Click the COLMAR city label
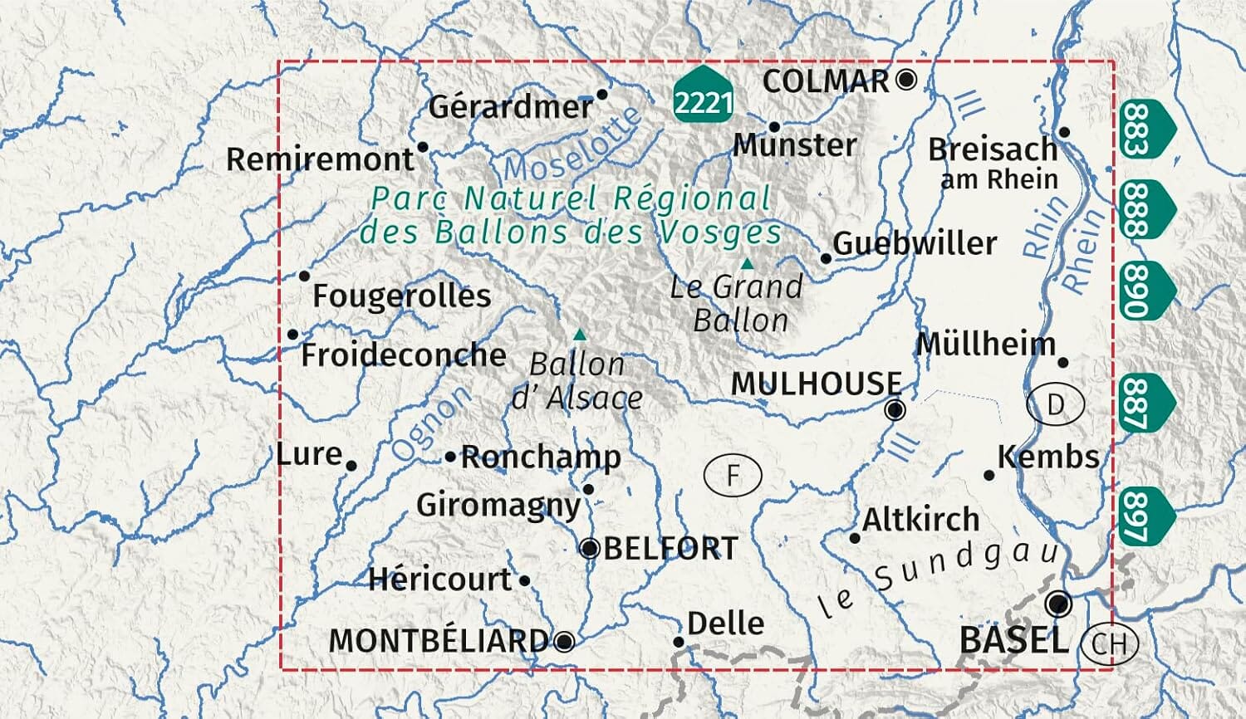tap(826, 81)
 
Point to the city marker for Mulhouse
tap(895, 409)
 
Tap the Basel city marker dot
tap(1058, 604)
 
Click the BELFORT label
tap(670, 549)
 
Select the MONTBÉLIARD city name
tap(439, 641)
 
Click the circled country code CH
tap(1110, 642)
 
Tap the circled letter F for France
tap(733, 476)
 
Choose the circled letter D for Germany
tap(1056, 405)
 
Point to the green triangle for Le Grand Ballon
tap(747, 264)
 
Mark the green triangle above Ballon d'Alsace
tap(581, 335)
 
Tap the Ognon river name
tap(430, 424)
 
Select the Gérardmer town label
tap(510, 107)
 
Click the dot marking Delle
tap(679, 642)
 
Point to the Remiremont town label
tap(320, 159)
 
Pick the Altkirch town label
tap(920, 520)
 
